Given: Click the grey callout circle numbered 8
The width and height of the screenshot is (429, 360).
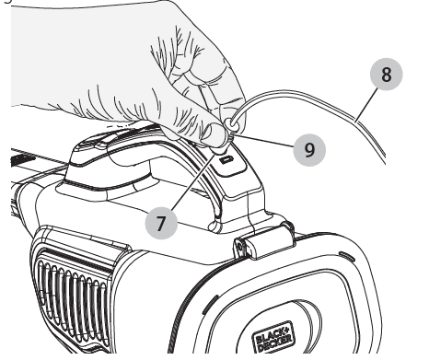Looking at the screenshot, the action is pos(386,74).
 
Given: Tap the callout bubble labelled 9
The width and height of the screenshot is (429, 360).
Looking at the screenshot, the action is pos(309,150).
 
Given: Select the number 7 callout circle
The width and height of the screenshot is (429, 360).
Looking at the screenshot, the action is pos(161,223).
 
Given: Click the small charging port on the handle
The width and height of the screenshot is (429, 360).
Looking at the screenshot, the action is pos(226,159).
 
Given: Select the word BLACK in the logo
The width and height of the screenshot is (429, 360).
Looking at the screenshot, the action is pos(272,334).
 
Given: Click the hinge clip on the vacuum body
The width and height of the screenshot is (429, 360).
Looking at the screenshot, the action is pos(264,241).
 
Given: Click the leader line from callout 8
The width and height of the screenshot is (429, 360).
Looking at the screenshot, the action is pos(366,104).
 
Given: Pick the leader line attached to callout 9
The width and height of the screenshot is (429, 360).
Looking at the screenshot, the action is pos(265,141).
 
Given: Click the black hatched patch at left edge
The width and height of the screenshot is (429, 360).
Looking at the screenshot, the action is pos(23,159).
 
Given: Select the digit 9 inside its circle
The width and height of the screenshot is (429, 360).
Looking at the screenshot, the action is pos(309,150).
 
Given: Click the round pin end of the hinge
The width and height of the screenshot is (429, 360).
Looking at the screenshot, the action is pos(240,247).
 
